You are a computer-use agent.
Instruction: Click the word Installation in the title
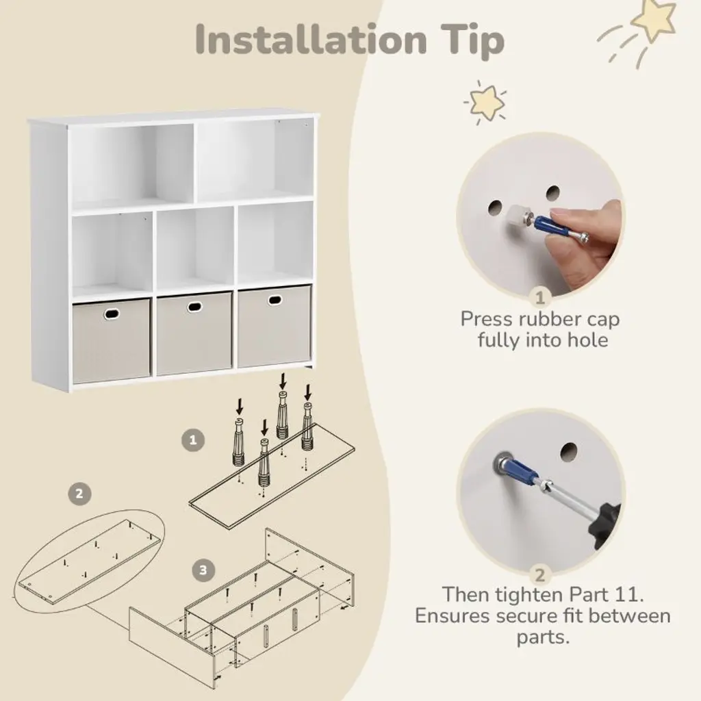pos(311,40)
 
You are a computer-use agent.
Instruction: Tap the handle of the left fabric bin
pos(112,314)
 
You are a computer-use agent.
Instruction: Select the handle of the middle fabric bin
pos(194,307)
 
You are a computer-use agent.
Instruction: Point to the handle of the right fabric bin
pos(275,300)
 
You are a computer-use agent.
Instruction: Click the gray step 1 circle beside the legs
pos(193,440)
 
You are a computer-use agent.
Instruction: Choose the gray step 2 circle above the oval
pos(79,494)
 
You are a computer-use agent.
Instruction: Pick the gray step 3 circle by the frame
pos(203,570)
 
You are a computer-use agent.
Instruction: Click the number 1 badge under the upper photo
pos(540,297)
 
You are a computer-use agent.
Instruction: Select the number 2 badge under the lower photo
pos(540,575)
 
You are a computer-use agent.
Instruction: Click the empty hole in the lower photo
pos(569,452)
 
